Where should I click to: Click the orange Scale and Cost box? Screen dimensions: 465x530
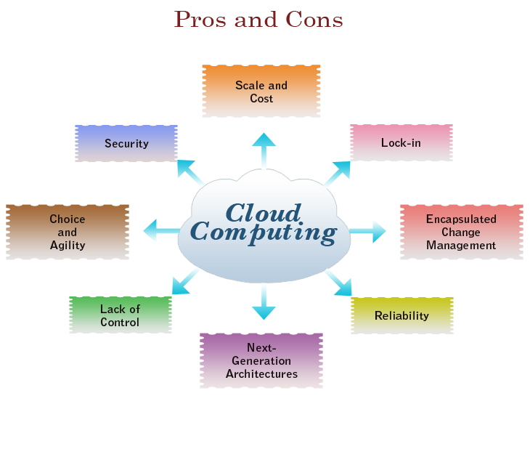pos(261,91)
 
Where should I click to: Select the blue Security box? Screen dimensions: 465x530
pos(126,143)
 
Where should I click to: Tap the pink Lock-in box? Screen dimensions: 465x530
pos(401,142)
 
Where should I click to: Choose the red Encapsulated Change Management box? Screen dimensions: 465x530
pos(461,232)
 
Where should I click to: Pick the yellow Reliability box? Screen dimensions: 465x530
pos(401,315)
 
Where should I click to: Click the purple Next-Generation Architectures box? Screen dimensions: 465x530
pos(261,360)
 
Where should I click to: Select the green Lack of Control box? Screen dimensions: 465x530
pos(120,315)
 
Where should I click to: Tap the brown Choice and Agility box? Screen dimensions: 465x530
pos(68,232)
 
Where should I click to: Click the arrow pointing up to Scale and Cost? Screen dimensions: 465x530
pos(264,149)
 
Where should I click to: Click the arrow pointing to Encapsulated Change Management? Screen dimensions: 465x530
pos(368,232)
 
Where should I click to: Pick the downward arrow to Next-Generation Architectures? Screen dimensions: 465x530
pos(264,303)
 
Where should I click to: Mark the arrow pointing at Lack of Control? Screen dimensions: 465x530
pos(185,282)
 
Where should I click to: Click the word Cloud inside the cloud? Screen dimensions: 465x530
pos(263,212)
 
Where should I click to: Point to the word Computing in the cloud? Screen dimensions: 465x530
pos(263,232)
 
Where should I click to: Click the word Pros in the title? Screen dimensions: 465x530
pos(200,20)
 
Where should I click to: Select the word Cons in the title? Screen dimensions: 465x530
pos(316,20)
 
